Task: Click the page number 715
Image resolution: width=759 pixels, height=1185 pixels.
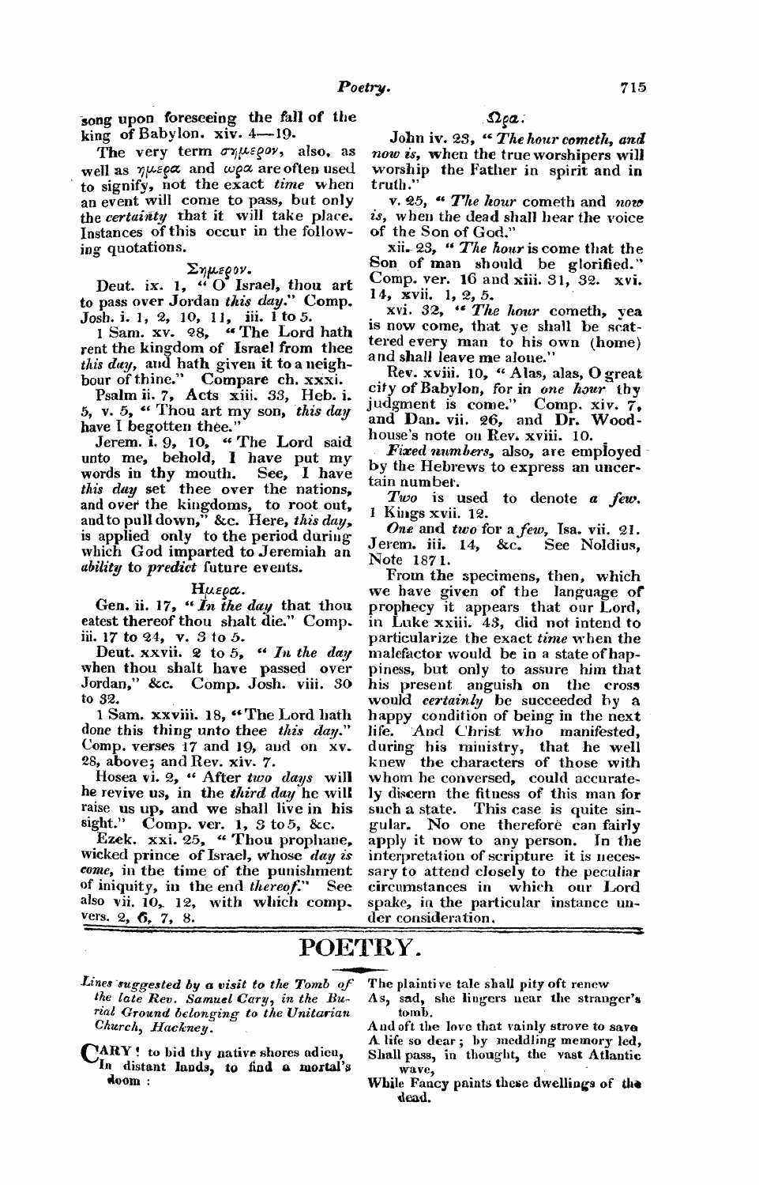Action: (x=633, y=88)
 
